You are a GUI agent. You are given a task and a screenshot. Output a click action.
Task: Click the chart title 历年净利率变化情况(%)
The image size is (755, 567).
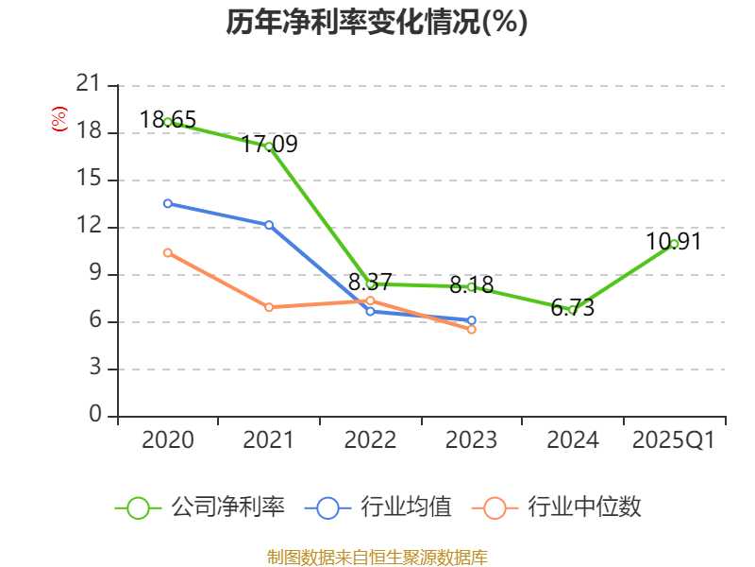point(377,23)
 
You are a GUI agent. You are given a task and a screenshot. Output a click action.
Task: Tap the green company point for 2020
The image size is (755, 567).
point(168,122)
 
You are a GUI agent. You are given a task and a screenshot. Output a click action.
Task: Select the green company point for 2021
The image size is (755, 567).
point(269,146)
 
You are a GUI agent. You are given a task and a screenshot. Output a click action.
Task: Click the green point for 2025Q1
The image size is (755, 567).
point(674,244)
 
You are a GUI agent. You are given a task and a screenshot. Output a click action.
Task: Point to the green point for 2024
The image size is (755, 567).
point(572,310)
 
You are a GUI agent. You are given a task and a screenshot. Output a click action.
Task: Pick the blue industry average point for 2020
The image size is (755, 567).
point(168,203)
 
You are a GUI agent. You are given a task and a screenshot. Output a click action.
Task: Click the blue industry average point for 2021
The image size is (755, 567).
point(269,225)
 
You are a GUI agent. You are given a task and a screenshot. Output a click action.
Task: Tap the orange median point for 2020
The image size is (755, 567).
point(168,252)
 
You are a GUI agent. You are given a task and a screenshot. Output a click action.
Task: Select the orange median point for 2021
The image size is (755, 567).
point(269,307)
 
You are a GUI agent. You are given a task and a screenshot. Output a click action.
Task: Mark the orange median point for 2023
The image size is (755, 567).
point(472,329)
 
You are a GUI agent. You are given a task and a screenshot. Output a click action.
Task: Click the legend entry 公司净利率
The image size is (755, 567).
point(200,507)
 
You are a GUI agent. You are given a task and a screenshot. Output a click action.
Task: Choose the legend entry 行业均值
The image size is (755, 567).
point(378,507)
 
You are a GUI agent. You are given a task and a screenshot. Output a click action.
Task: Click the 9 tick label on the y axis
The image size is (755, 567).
point(94,274)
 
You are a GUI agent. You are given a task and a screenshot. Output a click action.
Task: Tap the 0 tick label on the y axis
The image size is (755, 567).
point(94,416)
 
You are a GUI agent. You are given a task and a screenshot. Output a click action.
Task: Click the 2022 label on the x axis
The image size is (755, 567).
point(370,440)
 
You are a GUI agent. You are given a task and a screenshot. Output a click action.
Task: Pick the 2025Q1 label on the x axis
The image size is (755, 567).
point(674,440)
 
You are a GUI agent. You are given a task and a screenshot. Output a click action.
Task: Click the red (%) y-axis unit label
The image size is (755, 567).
point(59,120)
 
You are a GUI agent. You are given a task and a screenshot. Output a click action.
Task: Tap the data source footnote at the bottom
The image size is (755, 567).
point(377,557)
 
